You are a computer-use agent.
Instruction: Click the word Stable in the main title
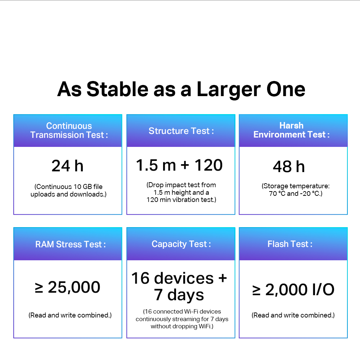pyautogui.click(x=118, y=89)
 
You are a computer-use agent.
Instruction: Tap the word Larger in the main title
pyautogui.click(x=229, y=90)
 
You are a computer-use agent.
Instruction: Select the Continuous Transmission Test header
pyautogui.click(x=69, y=130)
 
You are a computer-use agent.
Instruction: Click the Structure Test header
pyautogui.click(x=181, y=131)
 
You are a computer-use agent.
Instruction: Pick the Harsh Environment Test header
pyautogui.click(x=291, y=130)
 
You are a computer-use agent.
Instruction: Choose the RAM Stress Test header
pyautogui.click(x=71, y=244)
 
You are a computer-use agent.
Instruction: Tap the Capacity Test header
pyautogui.click(x=181, y=244)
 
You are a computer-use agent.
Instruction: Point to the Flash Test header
pyautogui.click(x=290, y=244)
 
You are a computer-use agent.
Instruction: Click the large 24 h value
pyautogui.click(x=67, y=166)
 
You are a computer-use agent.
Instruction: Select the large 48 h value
pyautogui.click(x=289, y=166)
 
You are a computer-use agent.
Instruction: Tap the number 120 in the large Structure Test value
pyautogui.click(x=208, y=165)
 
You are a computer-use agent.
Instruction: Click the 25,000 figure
pyautogui.click(x=74, y=287)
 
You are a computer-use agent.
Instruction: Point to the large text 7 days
pyautogui.click(x=179, y=295)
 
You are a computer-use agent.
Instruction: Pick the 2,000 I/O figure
pyautogui.click(x=300, y=289)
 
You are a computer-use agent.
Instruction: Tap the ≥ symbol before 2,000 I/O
pyautogui.click(x=256, y=290)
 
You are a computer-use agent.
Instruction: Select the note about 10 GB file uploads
pyautogui.click(x=68, y=190)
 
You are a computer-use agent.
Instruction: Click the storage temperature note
pyautogui.click(x=296, y=190)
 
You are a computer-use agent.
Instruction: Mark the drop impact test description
pyautogui.click(x=181, y=192)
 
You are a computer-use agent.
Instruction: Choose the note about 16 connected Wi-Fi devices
pyautogui.click(x=182, y=319)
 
